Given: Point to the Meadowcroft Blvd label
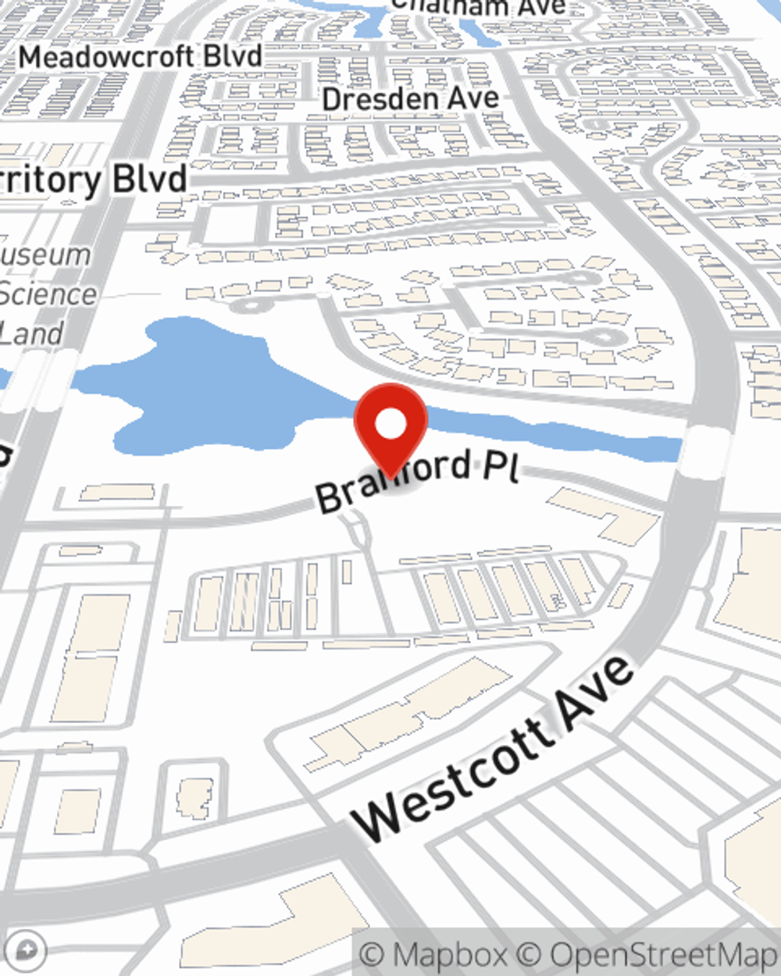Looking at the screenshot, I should pos(141,57).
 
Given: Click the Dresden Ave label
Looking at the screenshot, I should pos(410,99).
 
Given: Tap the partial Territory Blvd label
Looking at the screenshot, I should pos(94,180).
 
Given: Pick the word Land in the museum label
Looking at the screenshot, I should pos(31,334).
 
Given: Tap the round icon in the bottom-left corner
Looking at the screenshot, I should pos(27,950).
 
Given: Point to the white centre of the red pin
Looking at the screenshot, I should pos(390,424).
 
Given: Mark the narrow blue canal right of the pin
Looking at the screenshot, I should pos(562,433).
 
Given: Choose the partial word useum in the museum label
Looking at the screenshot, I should pos(47,255).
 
